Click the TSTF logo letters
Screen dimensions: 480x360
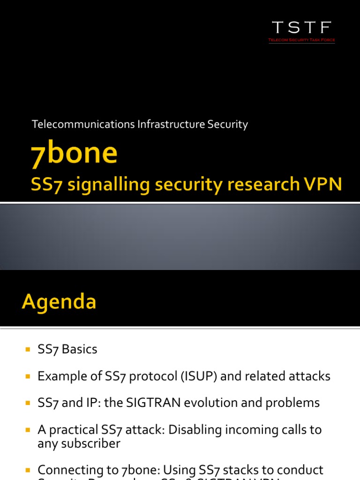pos(302,28)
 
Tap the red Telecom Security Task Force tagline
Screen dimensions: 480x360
pos(302,40)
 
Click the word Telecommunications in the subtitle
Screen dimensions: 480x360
pos(83,125)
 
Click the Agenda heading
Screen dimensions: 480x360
pos(59,301)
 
